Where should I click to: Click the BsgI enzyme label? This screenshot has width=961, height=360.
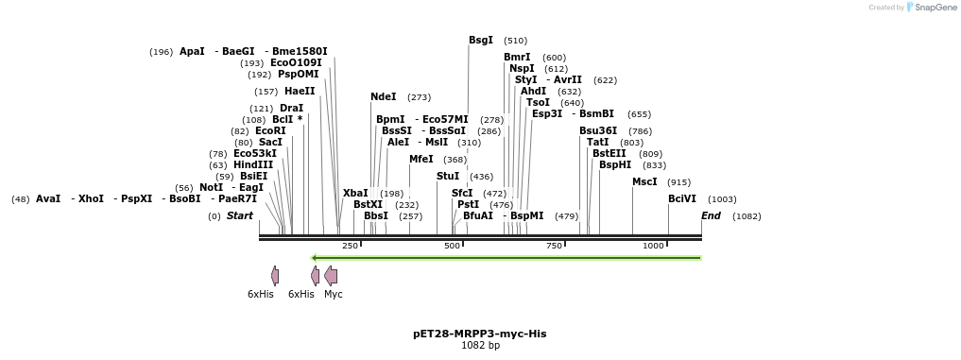481,40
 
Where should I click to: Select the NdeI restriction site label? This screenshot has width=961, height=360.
384,96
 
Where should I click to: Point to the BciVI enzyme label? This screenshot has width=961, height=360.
682,198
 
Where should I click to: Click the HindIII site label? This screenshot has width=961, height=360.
253,164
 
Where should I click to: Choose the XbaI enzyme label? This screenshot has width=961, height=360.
355,193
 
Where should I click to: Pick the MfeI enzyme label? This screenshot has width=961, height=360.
421,159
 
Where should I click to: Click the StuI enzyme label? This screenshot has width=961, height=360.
448,176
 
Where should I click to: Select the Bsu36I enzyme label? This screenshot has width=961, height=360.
598,130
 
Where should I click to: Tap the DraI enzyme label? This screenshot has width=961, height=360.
291,108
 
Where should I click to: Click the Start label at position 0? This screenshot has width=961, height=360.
240,215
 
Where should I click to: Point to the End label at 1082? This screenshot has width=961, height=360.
711,215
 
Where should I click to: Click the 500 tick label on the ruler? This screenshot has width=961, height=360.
452,246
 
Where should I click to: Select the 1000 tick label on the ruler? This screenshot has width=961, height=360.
653,246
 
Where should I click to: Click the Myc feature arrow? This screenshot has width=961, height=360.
331,275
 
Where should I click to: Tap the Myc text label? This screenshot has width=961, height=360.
333,294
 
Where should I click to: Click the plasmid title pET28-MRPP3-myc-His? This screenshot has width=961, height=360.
479,334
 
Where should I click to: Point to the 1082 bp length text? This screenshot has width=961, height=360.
480,346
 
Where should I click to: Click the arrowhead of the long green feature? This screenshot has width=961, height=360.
315,257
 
